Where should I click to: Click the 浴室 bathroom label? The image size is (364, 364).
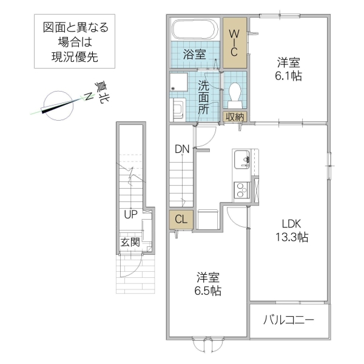(195, 54)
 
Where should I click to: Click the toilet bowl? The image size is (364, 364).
(235, 93)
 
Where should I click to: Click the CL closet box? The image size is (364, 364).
(181, 220)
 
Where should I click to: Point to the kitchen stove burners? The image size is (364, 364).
(241, 190)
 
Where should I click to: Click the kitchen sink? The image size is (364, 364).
(241, 159)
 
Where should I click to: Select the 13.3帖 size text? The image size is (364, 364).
(289, 237)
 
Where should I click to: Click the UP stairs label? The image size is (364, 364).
(130, 215)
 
